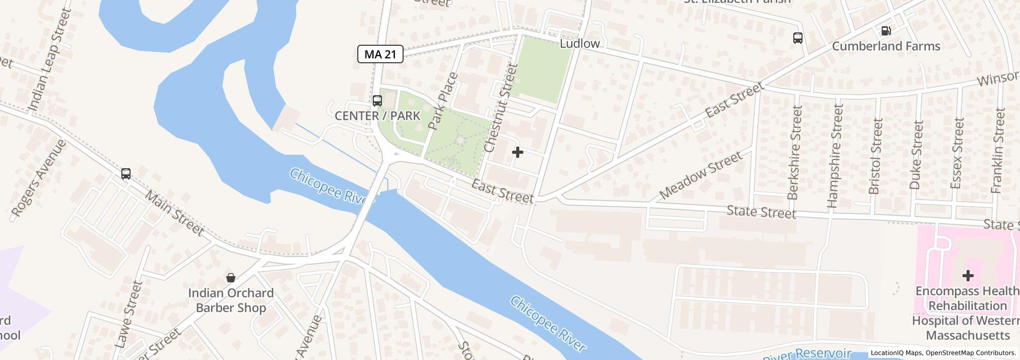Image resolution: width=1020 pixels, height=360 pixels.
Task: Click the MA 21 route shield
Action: [380, 54]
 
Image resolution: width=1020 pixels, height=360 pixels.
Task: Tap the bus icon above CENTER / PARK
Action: [377, 100]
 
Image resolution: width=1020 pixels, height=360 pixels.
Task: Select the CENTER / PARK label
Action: [377, 116]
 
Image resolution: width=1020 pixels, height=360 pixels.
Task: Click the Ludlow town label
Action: [579, 43]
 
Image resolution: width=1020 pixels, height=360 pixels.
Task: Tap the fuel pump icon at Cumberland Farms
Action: [886, 31]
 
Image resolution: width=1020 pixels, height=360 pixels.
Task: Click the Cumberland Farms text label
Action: [886, 46]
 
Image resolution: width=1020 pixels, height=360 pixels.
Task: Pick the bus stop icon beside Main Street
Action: [126, 173]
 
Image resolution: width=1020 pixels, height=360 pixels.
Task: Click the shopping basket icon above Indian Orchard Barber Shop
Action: [231, 278]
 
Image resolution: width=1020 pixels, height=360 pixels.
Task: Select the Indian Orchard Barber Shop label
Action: [231, 300]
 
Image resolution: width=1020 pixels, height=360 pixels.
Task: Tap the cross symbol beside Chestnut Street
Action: [517, 152]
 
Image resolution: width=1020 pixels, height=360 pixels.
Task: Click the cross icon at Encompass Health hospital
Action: [968, 276]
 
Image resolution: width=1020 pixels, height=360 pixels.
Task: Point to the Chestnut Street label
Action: [499, 108]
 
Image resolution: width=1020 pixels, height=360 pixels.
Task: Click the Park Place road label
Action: [442, 101]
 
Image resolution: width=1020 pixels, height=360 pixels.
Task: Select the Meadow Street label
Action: [701, 175]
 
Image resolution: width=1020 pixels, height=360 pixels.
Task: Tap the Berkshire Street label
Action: [795, 152]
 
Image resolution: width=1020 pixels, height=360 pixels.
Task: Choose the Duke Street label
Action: [917, 155]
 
